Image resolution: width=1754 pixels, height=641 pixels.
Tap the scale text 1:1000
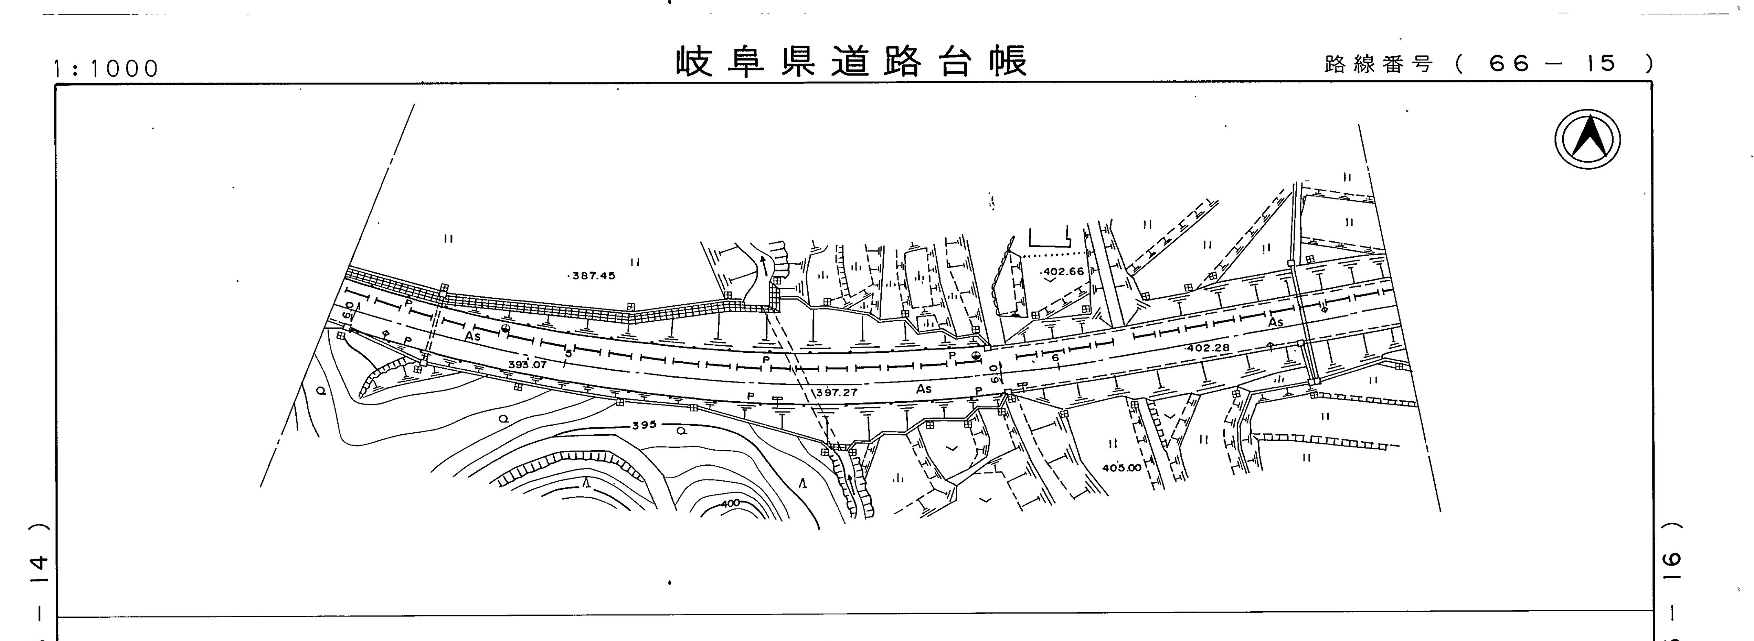click(x=106, y=69)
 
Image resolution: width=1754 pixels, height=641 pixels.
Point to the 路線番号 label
click(x=1378, y=65)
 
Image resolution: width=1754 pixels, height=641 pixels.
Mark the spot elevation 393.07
click(x=527, y=365)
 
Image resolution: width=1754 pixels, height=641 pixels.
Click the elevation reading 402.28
click(x=1208, y=348)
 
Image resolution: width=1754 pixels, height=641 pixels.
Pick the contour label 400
click(x=729, y=504)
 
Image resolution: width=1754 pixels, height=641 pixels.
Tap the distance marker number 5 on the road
click(x=568, y=353)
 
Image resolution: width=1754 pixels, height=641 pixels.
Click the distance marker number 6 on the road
click(x=1055, y=358)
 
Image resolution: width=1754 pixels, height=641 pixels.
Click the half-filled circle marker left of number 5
click(x=505, y=330)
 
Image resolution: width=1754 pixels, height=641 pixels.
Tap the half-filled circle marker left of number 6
click(x=976, y=355)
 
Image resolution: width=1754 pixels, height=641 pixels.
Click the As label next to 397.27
click(x=923, y=389)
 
